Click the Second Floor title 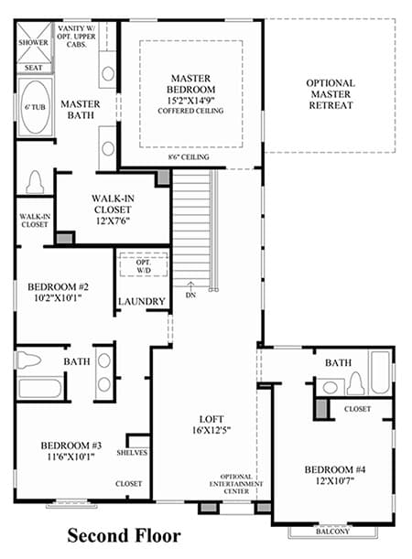124,535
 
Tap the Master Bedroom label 190,84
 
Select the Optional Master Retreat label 331,94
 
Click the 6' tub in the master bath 35,107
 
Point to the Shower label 33,42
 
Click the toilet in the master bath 35,182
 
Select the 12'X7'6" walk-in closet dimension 113,221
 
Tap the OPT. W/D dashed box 144,264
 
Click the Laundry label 142,302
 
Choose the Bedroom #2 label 59,286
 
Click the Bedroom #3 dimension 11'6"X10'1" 71,457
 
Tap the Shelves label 132,453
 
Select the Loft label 211,419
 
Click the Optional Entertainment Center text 236,484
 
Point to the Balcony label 333,532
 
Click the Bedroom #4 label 334,469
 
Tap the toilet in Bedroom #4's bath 355,383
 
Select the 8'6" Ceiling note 189,156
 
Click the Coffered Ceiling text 190,111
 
